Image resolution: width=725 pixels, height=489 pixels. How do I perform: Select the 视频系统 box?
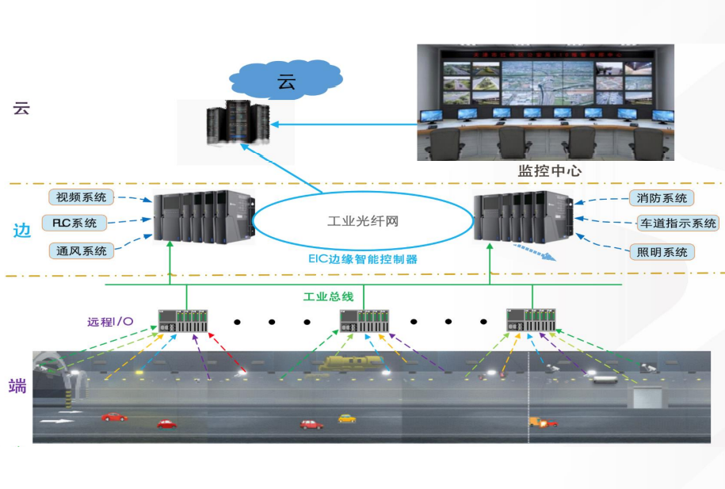tap(81, 197)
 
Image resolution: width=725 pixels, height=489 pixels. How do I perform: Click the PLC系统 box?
tap(80, 223)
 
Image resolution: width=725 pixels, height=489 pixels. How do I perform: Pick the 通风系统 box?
tap(81, 250)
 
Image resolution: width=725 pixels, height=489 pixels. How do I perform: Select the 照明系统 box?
tap(662, 252)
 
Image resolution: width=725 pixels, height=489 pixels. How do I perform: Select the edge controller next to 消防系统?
tap(522, 216)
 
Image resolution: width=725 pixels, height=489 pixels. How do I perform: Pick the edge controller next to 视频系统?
tap(202, 216)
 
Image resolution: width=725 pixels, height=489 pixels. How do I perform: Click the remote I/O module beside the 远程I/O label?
tap(183, 321)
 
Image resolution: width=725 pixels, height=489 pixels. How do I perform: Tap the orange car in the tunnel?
tap(543, 422)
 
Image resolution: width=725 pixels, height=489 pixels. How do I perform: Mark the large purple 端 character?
tap(18, 386)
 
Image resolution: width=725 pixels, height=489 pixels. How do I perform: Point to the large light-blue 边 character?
tap(21, 231)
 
